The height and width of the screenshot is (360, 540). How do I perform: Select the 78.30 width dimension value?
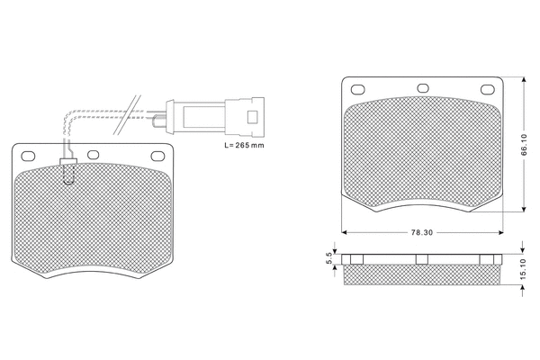[421, 231]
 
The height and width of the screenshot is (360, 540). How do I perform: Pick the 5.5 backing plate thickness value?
[329, 259]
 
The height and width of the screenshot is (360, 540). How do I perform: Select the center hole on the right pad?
[421, 88]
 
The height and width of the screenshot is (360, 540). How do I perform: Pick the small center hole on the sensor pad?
[93, 154]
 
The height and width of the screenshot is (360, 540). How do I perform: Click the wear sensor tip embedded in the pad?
[67, 168]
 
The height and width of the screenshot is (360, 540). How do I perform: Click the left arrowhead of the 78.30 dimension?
[345, 231]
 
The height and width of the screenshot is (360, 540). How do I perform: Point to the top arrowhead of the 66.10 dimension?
[522, 79]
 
